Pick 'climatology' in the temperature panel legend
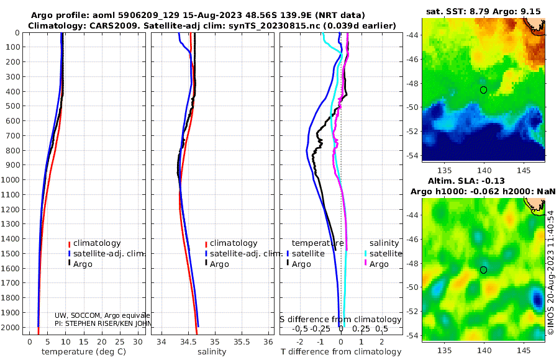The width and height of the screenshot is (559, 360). click(x=97, y=243)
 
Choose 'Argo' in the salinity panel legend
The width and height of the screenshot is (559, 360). click(x=219, y=264)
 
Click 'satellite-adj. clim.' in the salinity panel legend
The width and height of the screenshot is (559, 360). click(x=245, y=254)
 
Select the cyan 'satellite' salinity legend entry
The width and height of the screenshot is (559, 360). click(x=385, y=254)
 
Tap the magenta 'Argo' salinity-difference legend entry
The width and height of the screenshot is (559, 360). click(x=379, y=264)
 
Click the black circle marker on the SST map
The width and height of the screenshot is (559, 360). click(x=483, y=90)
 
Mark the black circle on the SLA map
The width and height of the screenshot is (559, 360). click(x=483, y=270)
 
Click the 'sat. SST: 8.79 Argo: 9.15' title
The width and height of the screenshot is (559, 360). click(x=483, y=11)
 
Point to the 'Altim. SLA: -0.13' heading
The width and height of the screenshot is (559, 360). click(x=483, y=180)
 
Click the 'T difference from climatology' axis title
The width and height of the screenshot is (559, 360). click(x=341, y=352)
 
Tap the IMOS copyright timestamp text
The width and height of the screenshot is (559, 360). click(x=551, y=273)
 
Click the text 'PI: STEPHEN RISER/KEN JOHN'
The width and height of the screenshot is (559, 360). click(x=102, y=323)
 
